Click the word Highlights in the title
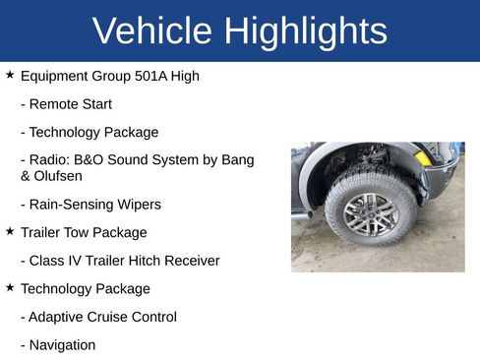[x=306, y=31]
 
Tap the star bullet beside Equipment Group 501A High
[x=10, y=75]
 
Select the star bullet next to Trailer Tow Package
[x=10, y=231]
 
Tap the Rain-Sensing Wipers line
[x=90, y=205]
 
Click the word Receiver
[x=190, y=261]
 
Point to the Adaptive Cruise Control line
[x=98, y=317]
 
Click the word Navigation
[x=62, y=345]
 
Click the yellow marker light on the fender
[x=423, y=157]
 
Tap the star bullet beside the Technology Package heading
[x=10, y=287]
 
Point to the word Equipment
[x=55, y=76]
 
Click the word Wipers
[x=137, y=205]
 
